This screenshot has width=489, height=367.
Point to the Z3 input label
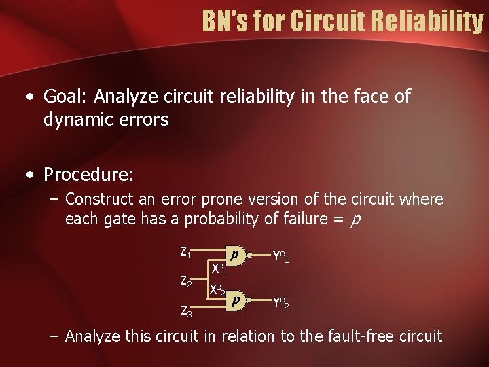click(x=185, y=312)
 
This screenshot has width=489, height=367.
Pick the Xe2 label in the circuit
click(x=217, y=290)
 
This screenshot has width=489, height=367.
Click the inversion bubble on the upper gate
click(x=250, y=256)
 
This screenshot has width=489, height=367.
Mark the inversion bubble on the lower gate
click(x=250, y=300)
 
